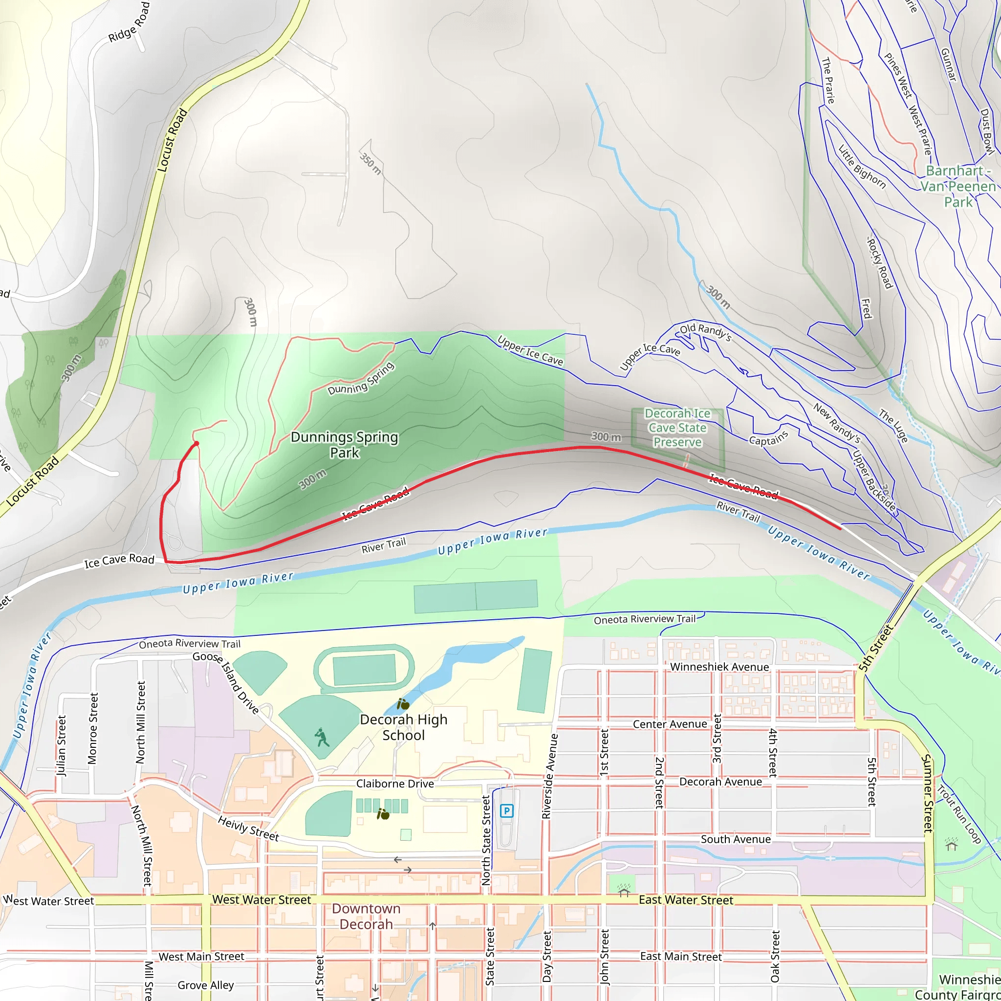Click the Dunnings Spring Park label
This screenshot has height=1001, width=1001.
[345, 445]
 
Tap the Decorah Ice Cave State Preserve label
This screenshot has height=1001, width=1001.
[677, 428]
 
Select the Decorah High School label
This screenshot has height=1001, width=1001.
[403, 727]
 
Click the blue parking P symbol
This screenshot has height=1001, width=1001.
[506, 811]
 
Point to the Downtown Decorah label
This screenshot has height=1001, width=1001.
[366, 916]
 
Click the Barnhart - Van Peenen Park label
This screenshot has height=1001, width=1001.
[958, 186]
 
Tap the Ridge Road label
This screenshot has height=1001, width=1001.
[129, 22]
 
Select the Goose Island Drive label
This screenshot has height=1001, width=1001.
[226, 683]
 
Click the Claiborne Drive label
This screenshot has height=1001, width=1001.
[395, 784]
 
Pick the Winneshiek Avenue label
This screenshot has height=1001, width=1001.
[719, 667]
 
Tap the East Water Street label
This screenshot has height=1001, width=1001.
[685, 900]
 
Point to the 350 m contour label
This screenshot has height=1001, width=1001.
[370, 163]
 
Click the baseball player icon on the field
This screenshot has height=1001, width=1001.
[322, 737]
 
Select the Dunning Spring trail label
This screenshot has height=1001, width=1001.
[361, 379]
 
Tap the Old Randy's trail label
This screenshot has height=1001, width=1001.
[705, 331]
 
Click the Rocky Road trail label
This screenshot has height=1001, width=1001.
[880, 262]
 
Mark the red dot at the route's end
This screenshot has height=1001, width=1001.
[196, 443]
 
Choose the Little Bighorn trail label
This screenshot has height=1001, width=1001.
[862, 166]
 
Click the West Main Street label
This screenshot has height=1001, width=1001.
[201, 957]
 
